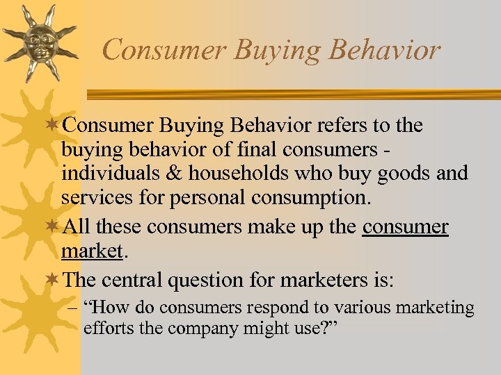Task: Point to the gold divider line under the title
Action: point(292,94)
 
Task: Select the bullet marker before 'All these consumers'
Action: point(55,227)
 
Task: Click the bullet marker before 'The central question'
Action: point(55,280)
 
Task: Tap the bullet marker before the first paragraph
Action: point(55,126)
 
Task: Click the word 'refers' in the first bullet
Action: point(341,126)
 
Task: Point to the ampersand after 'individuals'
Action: point(164,173)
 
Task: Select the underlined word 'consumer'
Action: point(406,227)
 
